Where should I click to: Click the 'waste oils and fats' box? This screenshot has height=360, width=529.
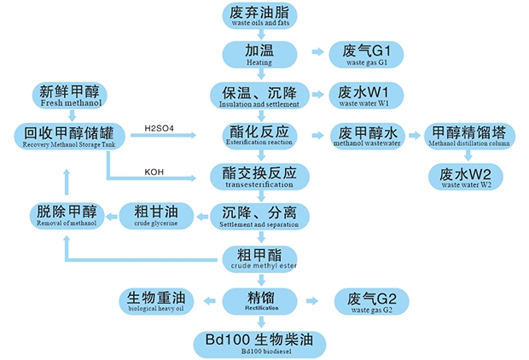point(260,16)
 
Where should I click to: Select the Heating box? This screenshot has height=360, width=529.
point(260,54)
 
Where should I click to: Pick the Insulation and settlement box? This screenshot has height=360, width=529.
point(260,95)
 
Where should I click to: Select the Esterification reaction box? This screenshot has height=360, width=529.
point(260,136)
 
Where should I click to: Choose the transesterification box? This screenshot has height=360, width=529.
point(260,176)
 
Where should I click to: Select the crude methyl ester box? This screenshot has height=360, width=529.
point(260,258)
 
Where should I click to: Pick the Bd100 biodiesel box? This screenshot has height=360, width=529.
point(260,343)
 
